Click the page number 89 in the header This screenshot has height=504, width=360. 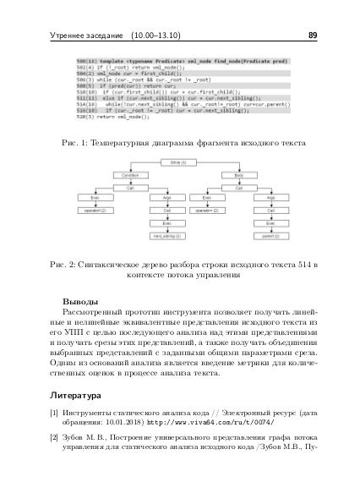(x=312, y=36)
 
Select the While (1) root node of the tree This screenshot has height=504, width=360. (x=178, y=162)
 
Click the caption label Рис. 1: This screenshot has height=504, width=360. (x=77, y=143)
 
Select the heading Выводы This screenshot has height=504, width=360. (x=80, y=301)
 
